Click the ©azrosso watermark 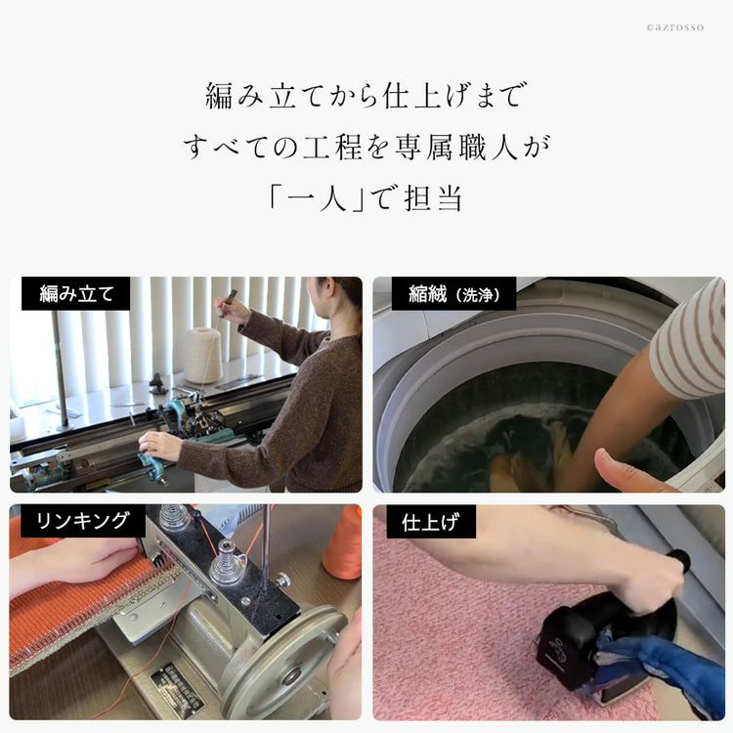coord(674,27)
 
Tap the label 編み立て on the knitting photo coord(76,294)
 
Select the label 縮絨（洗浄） coord(453,294)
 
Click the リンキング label coord(83,520)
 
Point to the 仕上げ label coord(431,522)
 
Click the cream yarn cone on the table coord(203,355)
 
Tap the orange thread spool coord(343,541)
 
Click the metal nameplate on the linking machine coord(176,690)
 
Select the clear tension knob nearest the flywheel coord(227,568)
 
